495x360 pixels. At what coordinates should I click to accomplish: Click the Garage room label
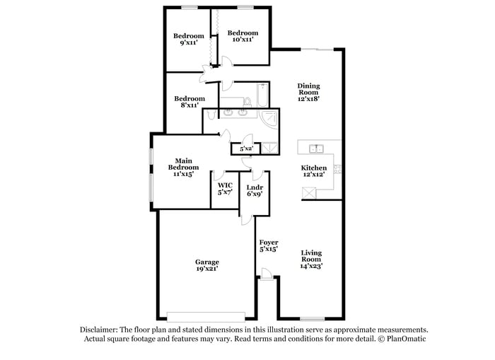click(206, 262)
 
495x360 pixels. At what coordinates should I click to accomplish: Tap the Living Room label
click(311, 256)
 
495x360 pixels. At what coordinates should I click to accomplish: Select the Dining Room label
click(308, 88)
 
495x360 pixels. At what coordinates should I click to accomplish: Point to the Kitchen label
click(314, 168)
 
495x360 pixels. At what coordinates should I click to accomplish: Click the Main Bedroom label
click(181, 163)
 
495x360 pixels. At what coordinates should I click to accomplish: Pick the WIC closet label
click(225, 185)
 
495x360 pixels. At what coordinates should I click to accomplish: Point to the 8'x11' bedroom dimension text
click(189, 105)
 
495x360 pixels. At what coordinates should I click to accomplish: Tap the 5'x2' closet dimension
click(246, 149)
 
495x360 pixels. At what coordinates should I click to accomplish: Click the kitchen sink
click(315, 148)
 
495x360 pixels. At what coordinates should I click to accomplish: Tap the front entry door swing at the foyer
click(264, 274)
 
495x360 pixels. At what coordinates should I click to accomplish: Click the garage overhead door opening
click(206, 315)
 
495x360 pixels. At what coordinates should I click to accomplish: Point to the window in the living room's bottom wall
click(311, 319)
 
